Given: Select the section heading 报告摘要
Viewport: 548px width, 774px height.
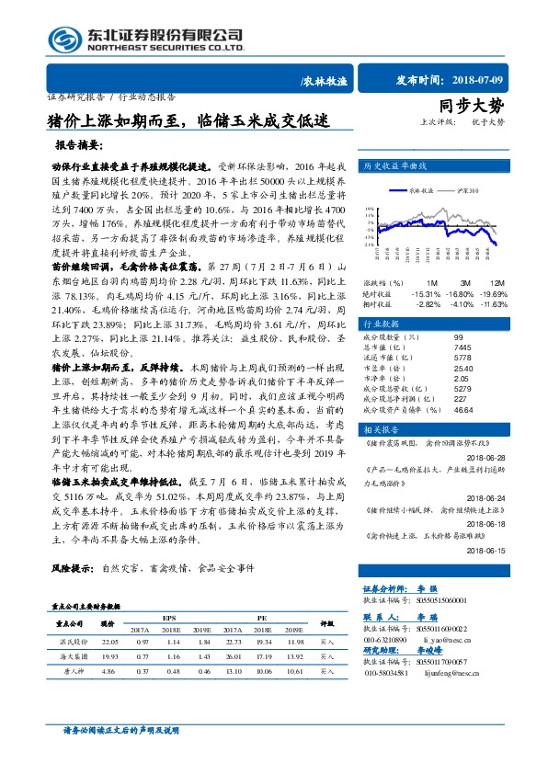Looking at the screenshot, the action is click(83, 145).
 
